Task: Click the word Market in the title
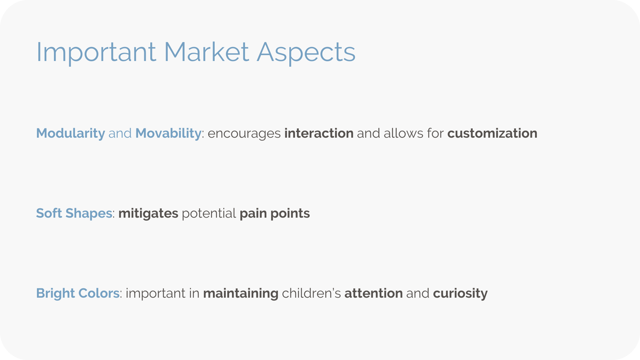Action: pyautogui.click(x=206, y=52)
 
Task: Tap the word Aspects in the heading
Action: pyautogui.click(x=306, y=53)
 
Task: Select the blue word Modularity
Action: pyautogui.click(x=70, y=134)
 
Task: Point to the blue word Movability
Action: pyautogui.click(x=168, y=134)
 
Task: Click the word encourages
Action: pyautogui.click(x=244, y=134)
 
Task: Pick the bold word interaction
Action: pyautogui.click(x=319, y=133)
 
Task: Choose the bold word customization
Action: pyautogui.click(x=492, y=133)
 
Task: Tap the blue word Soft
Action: pyautogui.click(x=49, y=213)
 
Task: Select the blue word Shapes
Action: pyautogui.click(x=89, y=214)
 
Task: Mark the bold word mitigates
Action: pyautogui.click(x=148, y=214)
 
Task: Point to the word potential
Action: pyautogui.click(x=209, y=214)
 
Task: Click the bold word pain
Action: pyautogui.click(x=253, y=214)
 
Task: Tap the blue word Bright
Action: pyautogui.click(x=55, y=294)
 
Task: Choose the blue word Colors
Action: pyautogui.click(x=99, y=293)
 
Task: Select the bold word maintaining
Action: pyautogui.click(x=241, y=294)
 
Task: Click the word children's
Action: pyautogui.click(x=311, y=293)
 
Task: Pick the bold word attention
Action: pyautogui.click(x=373, y=293)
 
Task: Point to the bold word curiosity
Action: pyautogui.click(x=460, y=294)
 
